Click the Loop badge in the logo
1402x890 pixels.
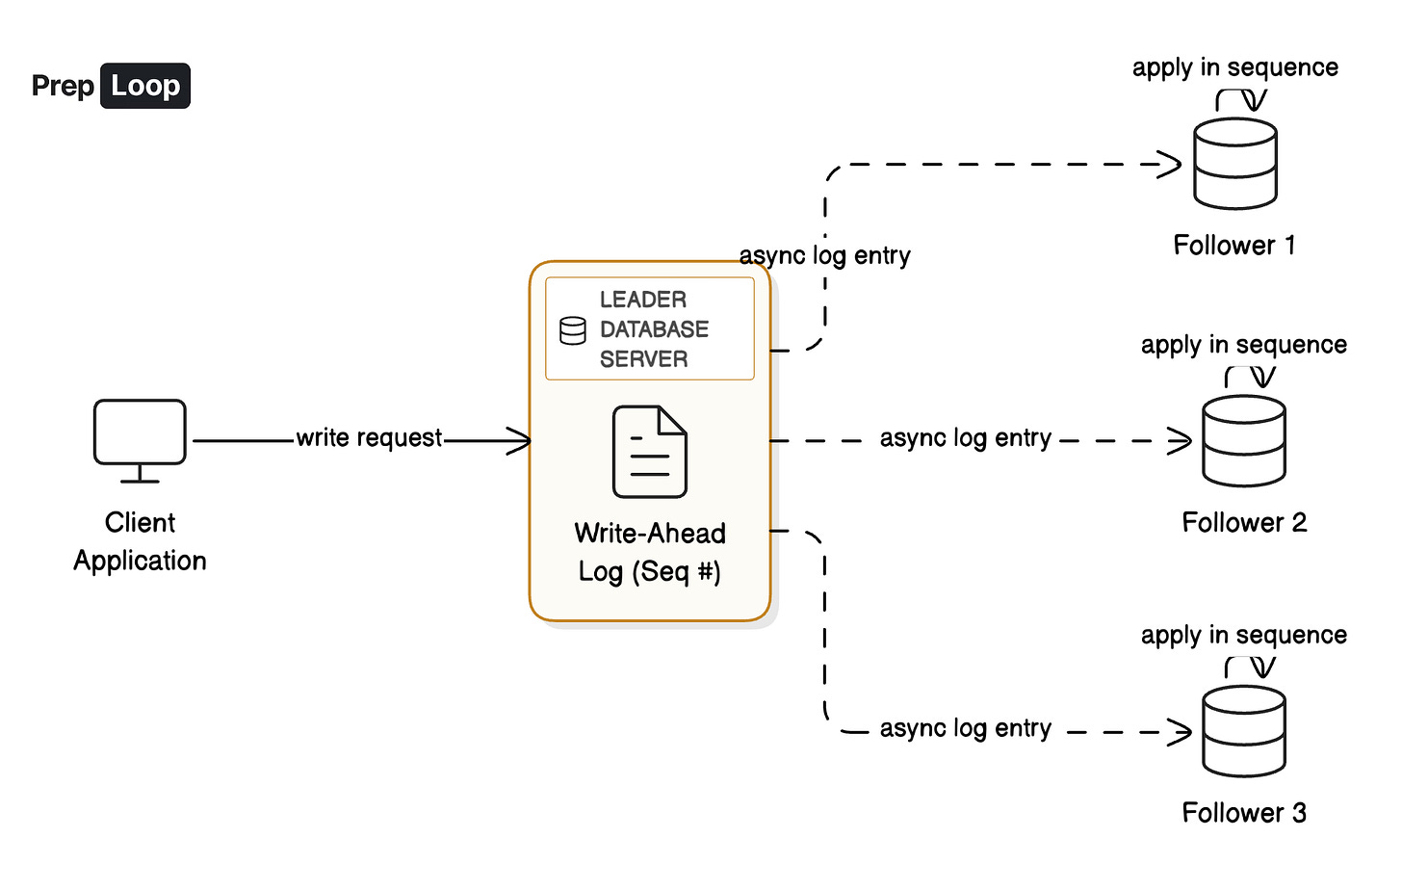coord(145,86)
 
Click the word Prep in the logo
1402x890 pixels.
coord(63,86)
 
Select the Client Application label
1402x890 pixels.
coord(140,541)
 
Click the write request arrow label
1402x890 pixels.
coord(369,438)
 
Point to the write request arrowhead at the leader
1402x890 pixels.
coord(521,441)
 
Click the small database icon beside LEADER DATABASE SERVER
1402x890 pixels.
coord(573,330)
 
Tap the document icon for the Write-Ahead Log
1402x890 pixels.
coord(650,452)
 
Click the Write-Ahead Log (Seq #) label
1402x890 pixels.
coord(650,553)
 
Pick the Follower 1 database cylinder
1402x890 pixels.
coord(1235,164)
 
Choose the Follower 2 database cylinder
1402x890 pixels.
coord(1244,441)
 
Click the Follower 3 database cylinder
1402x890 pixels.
coord(1244,731)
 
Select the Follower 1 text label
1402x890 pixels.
coord(1234,246)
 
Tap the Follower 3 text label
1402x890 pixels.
coord(1244,813)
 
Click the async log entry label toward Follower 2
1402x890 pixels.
coord(965,438)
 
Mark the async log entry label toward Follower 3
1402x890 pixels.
coord(965,729)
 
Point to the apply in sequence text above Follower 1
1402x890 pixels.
coord(1235,67)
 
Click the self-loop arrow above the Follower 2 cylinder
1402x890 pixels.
coord(1250,376)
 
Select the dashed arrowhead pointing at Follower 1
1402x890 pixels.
coord(1170,164)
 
